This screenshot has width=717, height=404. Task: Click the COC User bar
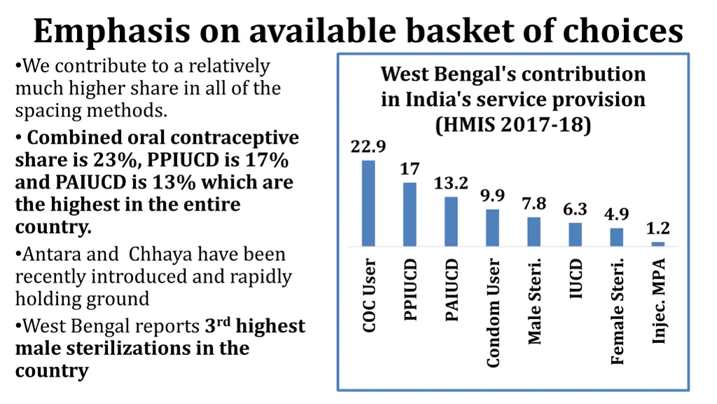[x=368, y=203]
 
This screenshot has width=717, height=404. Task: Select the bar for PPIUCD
[x=410, y=215]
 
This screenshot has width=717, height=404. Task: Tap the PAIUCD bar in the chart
[x=451, y=222]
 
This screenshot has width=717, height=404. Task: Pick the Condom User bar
[x=493, y=228]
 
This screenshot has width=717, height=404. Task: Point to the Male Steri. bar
[x=534, y=232]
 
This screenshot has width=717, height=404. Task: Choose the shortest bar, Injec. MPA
[x=657, y=244]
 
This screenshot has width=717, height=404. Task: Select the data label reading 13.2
[x=451, y=184]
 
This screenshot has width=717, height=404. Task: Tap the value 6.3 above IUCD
[x=575, y=210]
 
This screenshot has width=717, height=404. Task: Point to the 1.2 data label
[x=657, y=229]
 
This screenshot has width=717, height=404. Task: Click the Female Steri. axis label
[x=617, y=311]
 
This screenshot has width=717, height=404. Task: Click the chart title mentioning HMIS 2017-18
[x=513, y=100]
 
